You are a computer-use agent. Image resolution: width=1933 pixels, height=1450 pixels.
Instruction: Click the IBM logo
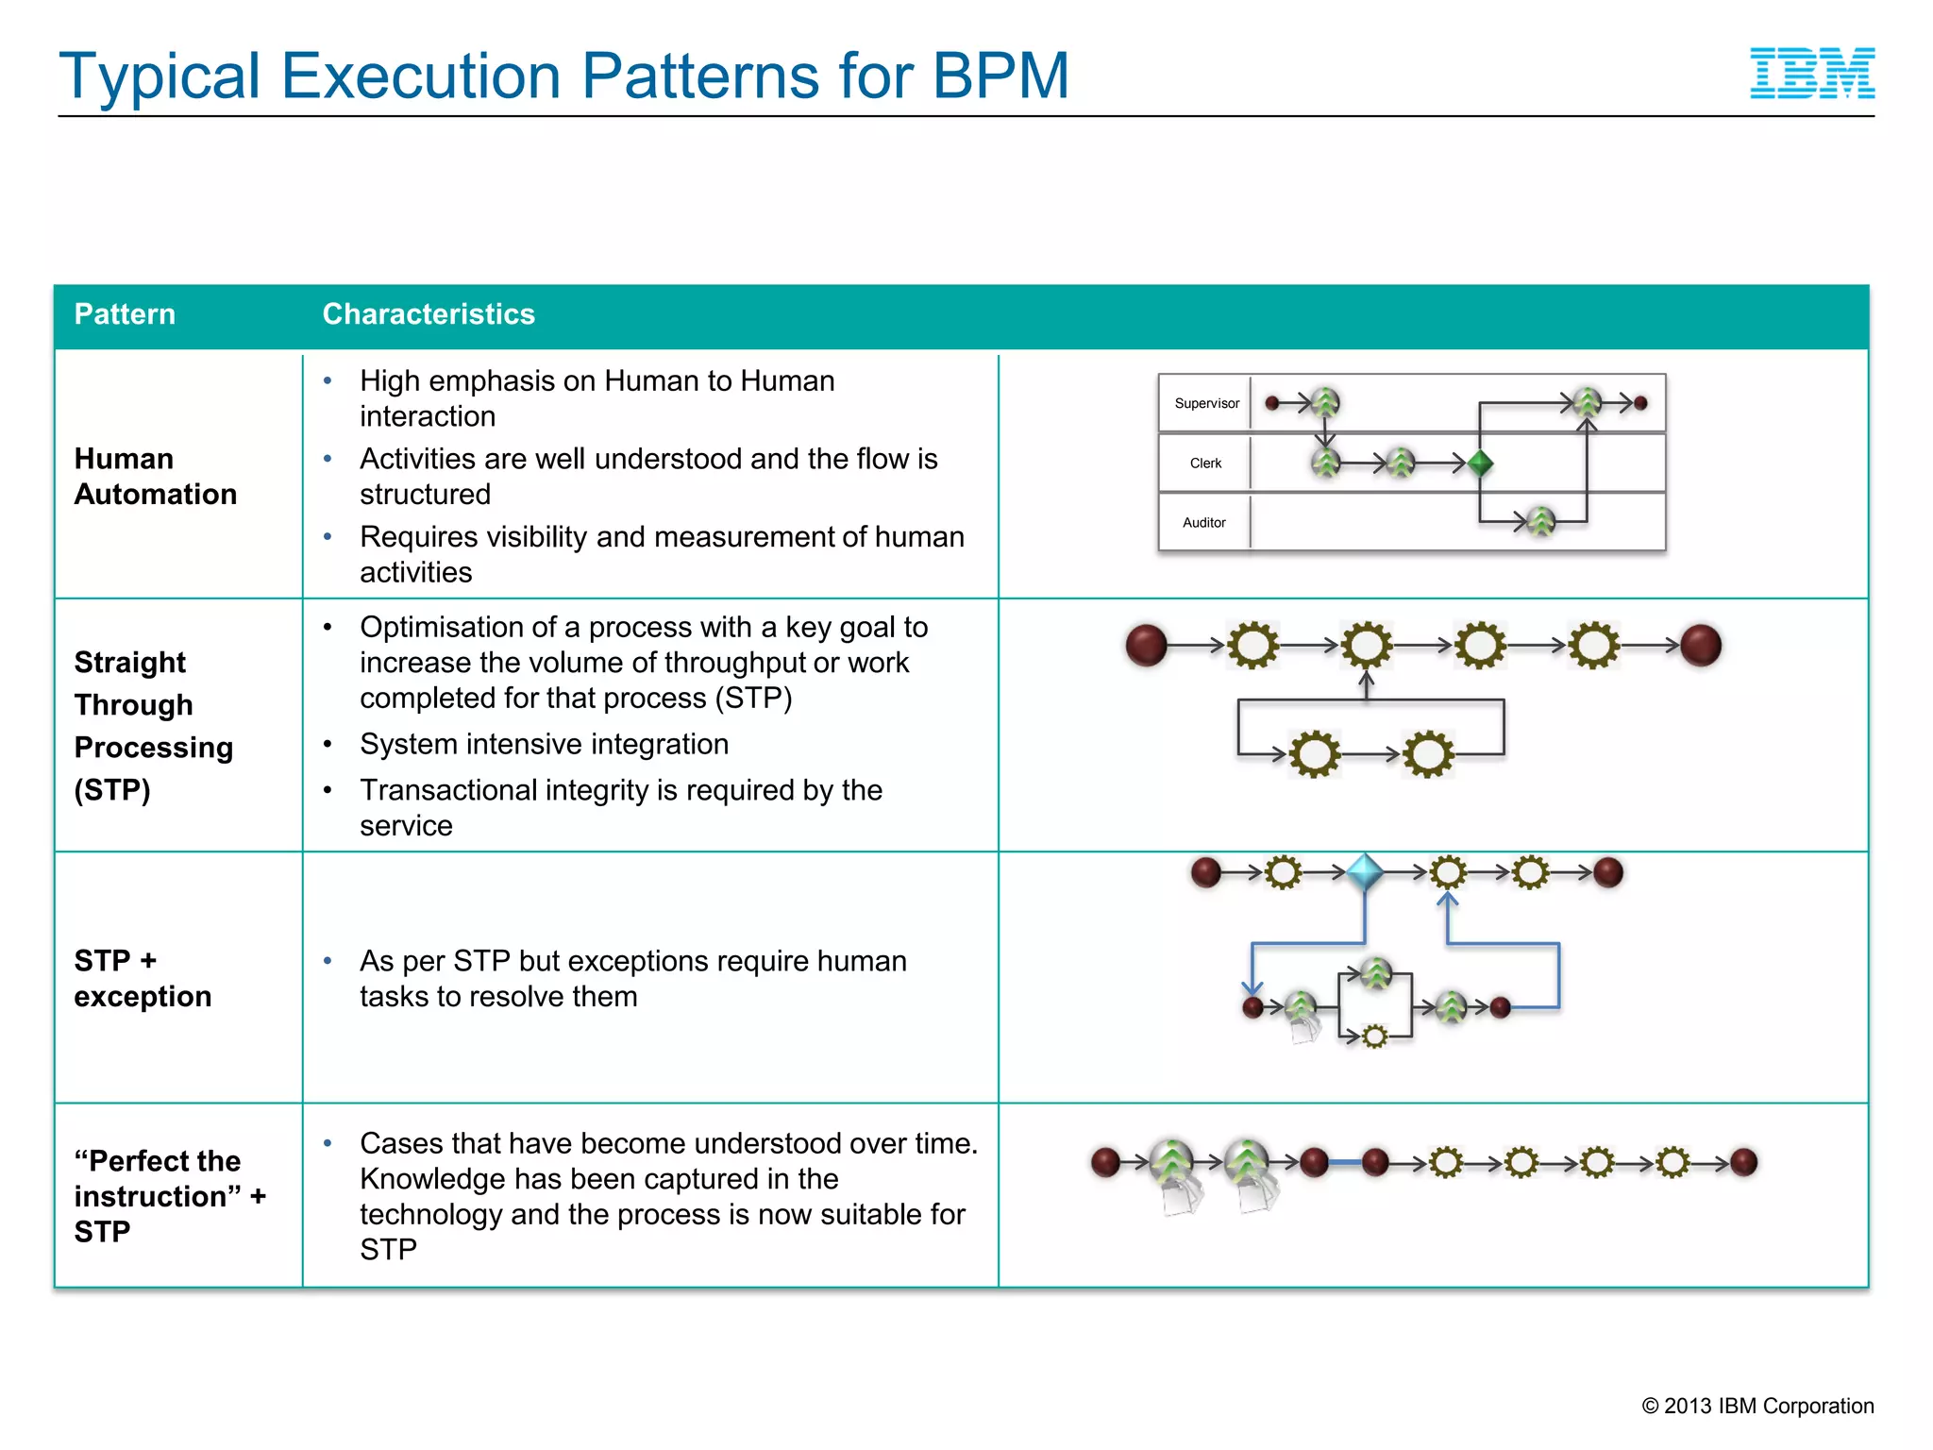pyautogui.click(x=1811, y=74)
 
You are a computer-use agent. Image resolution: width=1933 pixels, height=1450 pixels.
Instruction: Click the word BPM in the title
pyautogui.click(x=1000, y=76)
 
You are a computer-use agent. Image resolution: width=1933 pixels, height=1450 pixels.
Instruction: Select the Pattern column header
pyautogui.click(x=125, y=314)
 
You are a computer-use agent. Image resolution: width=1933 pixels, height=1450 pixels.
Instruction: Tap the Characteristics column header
pyautogui.click(x=429, y=314)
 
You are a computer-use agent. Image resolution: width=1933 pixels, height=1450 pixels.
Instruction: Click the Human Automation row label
pyautogui.click(x=155, y=477)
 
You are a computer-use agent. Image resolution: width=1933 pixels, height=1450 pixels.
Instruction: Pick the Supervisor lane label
pyautogui.click(x=1206, y=403)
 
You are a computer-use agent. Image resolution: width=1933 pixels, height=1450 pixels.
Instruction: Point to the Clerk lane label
pyautogui.click(x=1205, y=464)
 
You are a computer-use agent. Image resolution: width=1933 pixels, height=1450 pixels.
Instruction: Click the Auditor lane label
pyautogui.click(x=1203, y=523)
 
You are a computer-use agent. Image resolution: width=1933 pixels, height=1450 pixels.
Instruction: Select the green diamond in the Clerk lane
pyautogui.click(x=1480, y=464)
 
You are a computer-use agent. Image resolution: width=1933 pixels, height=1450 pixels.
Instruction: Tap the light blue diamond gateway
pyautogui.click(x=1365, y=872)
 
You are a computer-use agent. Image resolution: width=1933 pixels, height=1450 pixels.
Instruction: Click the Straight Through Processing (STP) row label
pyautogui.click(x=153, y=726)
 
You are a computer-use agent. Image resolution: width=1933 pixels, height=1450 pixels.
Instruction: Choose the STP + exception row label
pyautogui.click(x=143, y=979)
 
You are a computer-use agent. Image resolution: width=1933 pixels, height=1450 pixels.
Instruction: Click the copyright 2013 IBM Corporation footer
pyautogui.click(x=1757, y=1406)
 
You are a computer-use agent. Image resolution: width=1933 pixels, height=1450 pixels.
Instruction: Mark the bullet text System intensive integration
pyautogui.click(x=544, y=744)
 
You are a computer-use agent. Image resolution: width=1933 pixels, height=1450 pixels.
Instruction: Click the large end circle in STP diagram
pyautogui.click(x=1701, y=646)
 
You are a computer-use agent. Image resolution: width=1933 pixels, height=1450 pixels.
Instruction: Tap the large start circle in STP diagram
pyautogui.click(x=1147, y=646)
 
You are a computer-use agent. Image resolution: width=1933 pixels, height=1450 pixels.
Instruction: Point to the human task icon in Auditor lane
pyautogui.click(x=1540, y=521)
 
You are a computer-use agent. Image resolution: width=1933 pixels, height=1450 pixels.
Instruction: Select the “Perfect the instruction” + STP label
pyautogui.click(x=170, y=1196)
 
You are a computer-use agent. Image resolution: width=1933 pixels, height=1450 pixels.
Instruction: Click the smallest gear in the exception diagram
pyautogui.click(x=1375, y=1037)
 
